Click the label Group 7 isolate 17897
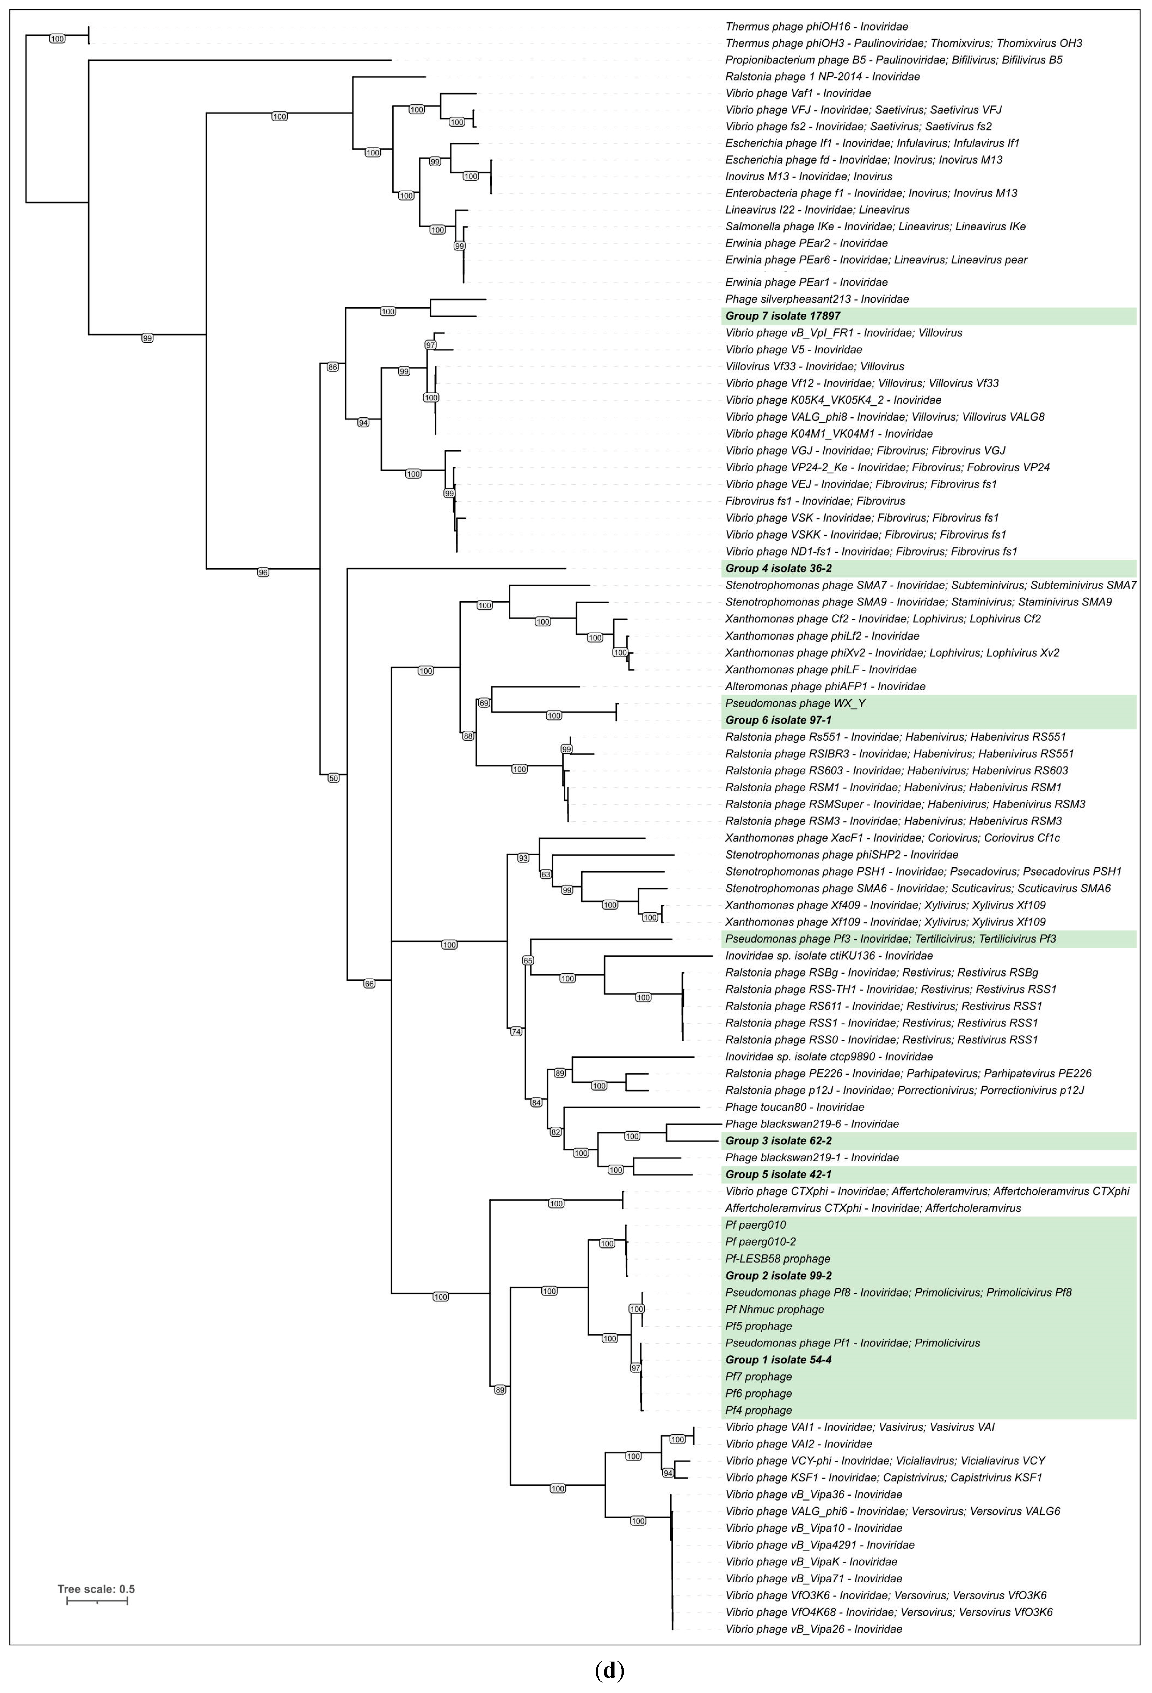(x=783, y=316)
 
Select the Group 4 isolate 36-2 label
(x=778, y=568)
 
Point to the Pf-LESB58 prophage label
(x=778, y=1259)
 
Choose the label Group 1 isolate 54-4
(x=778, y=1360)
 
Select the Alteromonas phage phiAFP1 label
(x=825, y=686)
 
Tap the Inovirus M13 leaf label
(x=808, y=176)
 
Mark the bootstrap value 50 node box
(x=334, y=778)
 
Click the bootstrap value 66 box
(x=369, y=984)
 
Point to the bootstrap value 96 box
(x=263, y=572)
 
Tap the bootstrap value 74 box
(x=516, y=1032)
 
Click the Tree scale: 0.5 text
(x=96, y=1590)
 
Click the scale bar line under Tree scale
(x=97, y=1601)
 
